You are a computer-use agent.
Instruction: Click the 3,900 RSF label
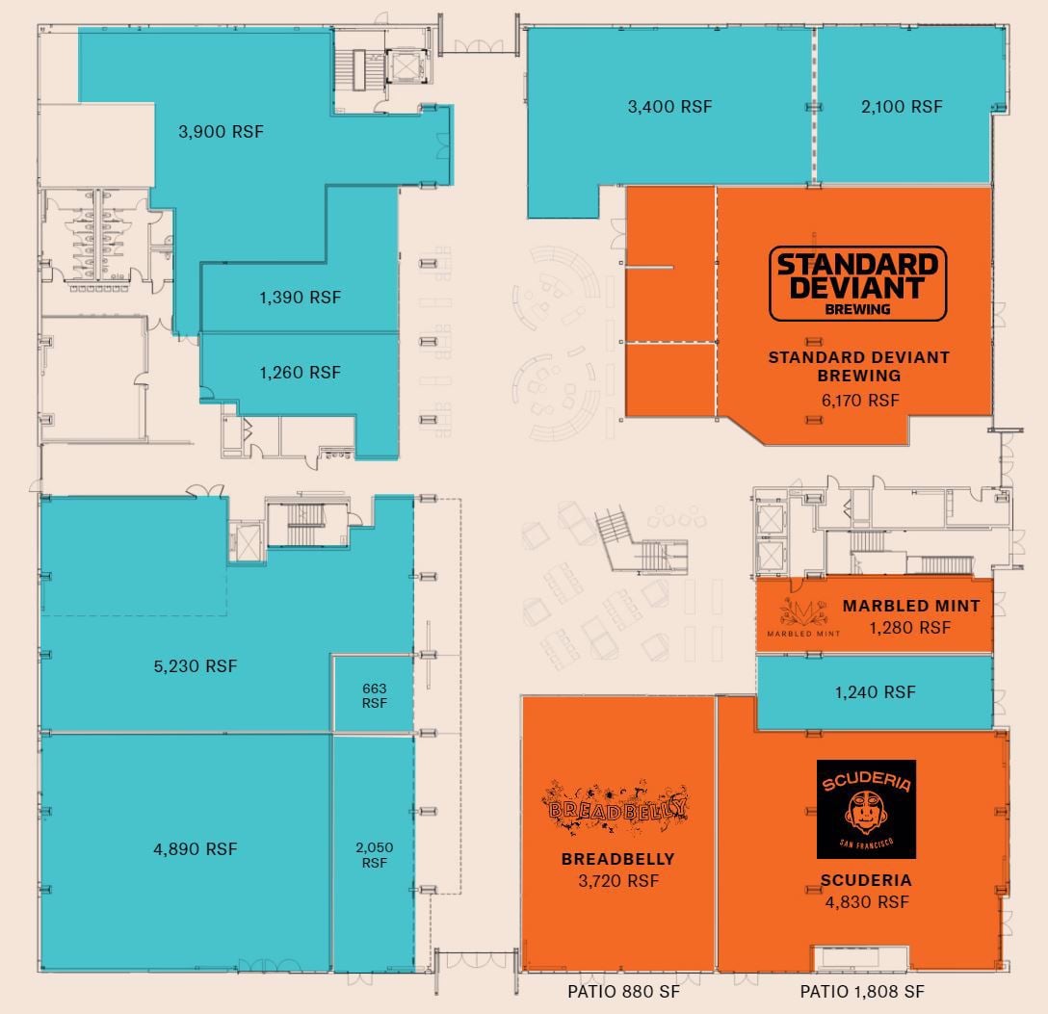(x=221, y=131)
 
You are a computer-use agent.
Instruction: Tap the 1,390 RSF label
(x=300, y=298)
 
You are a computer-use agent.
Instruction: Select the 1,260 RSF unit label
(x=300, y=372)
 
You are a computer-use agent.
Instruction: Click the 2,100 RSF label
(x=902, y=107)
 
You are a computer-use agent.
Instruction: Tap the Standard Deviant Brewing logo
(x=857, y=283)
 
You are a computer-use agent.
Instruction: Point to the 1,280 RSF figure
(x=909, y=627)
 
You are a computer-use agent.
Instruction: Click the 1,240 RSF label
(x=875, y=691)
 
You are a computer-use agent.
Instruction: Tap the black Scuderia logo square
(x=866, y=809)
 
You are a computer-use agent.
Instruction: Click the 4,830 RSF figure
(x=867, y=902)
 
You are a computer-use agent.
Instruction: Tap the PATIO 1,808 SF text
(x=862, y=991)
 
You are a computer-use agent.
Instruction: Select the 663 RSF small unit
(x=374, y=695)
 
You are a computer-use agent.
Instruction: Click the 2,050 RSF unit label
(x=374, y=855)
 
